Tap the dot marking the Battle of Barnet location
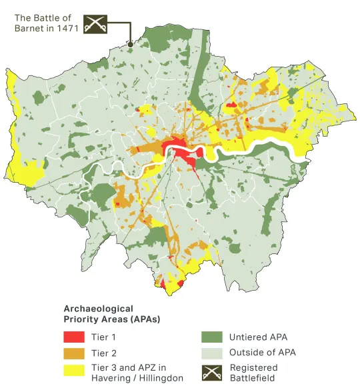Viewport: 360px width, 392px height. point(131,45)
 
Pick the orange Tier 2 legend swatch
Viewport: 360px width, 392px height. point(73,353)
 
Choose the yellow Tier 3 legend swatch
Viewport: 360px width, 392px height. point(73,369)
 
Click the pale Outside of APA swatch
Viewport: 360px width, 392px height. point(211,353)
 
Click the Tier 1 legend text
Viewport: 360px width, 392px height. point(103,337)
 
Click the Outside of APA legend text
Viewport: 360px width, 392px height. point(262,353)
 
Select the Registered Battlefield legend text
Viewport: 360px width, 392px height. point(253,372)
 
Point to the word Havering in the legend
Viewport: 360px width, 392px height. point(111,379)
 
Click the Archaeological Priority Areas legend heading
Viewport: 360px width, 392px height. point(111,314)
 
